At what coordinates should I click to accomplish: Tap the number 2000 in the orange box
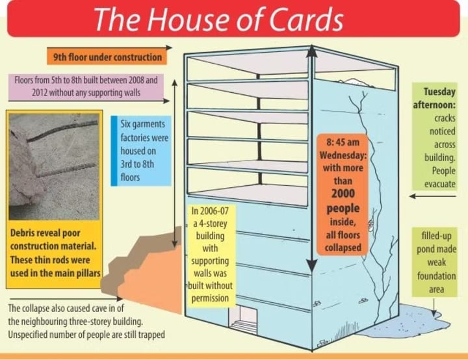click(343, 194)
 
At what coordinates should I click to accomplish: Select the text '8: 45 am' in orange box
click(343, 142)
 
